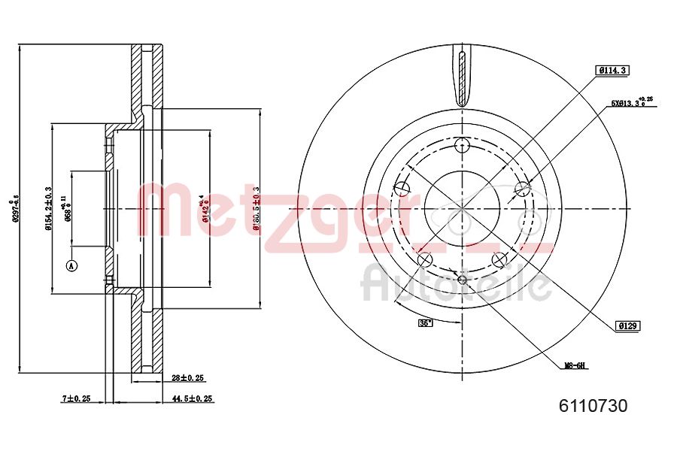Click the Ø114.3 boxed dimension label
click(612, 70)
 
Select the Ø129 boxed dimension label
click(627, 325)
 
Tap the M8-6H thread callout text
click(575, 366)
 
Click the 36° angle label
click(426, 323)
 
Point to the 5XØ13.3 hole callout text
click(630, 103)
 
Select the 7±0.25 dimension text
click(76, 398)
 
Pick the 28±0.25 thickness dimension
click(188, 378)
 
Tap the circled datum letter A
click(72, 265)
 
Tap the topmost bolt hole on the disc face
click(462, 145)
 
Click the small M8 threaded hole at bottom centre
click(462, 281)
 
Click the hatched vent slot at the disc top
click(462, 75)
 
